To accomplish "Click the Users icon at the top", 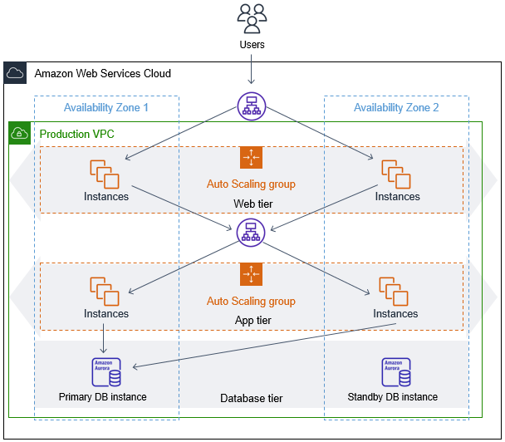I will [252, 17].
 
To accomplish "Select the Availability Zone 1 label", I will [106, 108].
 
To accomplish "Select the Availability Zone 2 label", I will [396, 108].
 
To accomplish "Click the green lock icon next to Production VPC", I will [19, 133].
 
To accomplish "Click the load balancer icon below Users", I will [251, 106].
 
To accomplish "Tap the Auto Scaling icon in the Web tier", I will [251, 158].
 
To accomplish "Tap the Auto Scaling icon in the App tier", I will [251, 274].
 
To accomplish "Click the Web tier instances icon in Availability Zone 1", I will [105, 174].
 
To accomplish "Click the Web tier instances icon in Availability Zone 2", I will [396, 174].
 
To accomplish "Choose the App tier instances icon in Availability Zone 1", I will [105, 291].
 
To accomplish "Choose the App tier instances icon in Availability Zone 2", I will [395, 291].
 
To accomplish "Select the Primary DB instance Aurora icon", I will [105, 372].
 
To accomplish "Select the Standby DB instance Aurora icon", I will [395, 372].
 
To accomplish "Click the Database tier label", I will [251, 399].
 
